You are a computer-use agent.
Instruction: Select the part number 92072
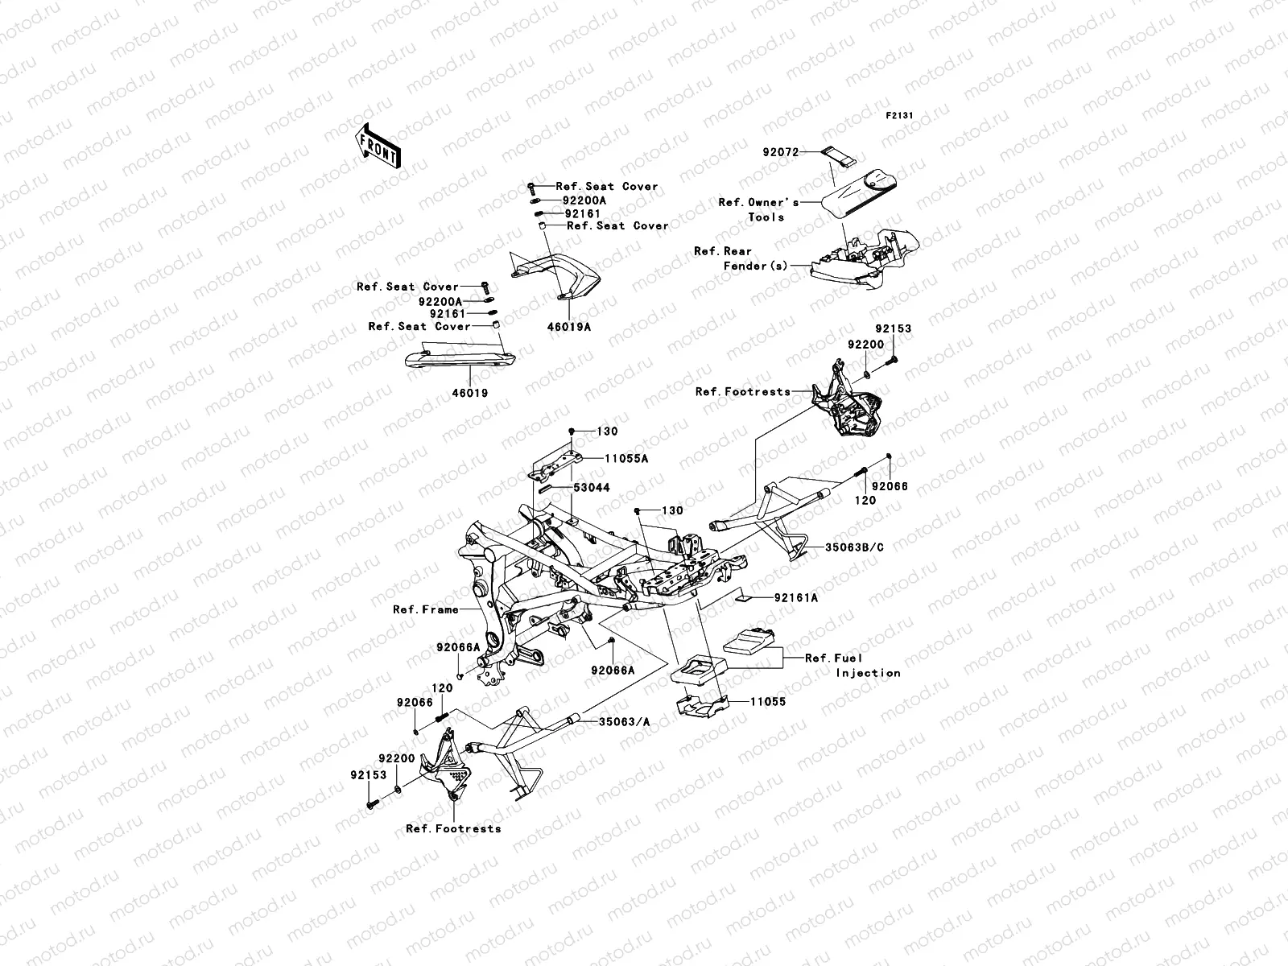pyautogui.click(x=803, y=151)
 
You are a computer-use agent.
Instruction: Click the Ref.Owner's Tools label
pyautogui.click(x=758, y=209)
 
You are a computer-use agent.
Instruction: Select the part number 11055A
pyautogui.click(x=626, y=459)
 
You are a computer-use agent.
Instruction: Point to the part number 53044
pyautogui.click(x=592, y=488)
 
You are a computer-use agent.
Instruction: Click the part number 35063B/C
pyautogui.click(x=854, y=547)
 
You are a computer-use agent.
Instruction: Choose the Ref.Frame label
pyautogui.click(x=425, y=609)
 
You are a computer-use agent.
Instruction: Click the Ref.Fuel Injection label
pyautogui.click(x=852, y=665)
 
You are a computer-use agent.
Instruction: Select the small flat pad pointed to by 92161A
pyautogui.click(x=744, y=597)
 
